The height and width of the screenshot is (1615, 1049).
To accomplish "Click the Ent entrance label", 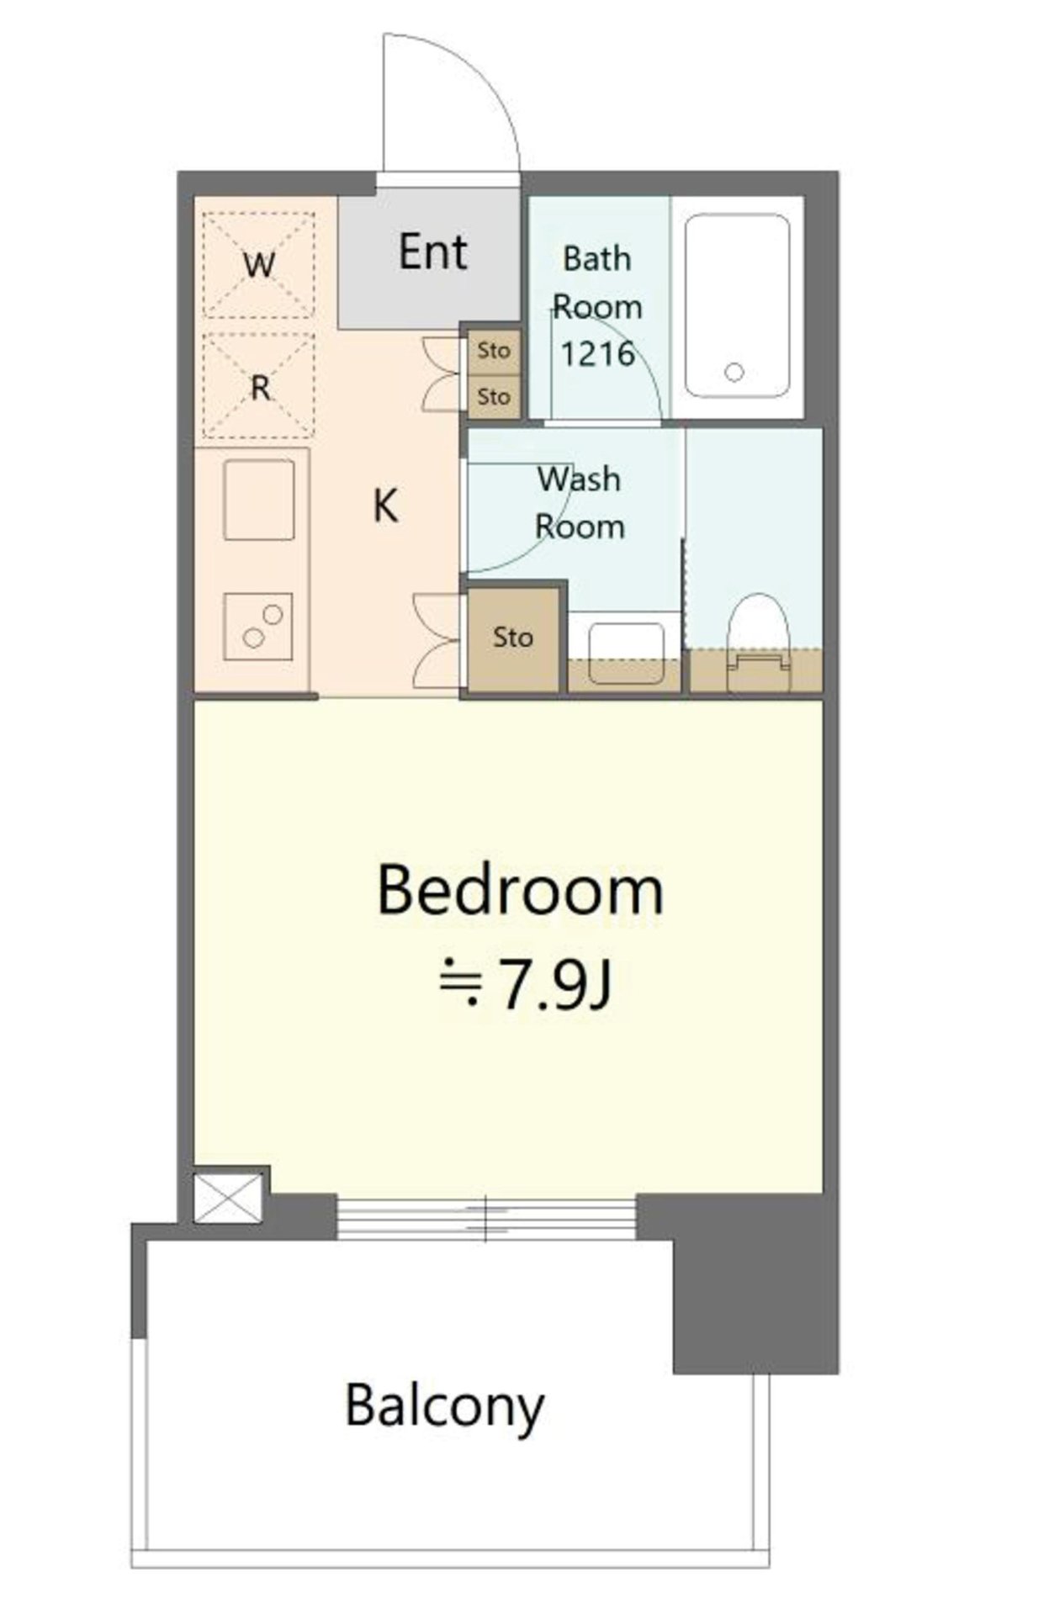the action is pos(432,252).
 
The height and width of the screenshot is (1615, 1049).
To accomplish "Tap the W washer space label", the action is pos(259,266).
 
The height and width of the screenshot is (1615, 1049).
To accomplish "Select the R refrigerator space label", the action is pos(261,388).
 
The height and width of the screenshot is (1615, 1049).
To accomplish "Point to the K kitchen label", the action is pos(385,506).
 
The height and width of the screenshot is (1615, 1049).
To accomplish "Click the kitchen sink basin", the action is pos(259,500).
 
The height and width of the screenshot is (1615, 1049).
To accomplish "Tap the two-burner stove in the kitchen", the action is pos(258,627).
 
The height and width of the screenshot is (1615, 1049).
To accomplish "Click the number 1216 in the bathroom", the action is pos(597,353).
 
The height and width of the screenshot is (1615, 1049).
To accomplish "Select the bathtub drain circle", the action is pos(734,372).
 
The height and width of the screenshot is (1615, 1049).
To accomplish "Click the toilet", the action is pos(758,643).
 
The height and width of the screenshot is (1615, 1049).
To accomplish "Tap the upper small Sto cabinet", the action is pos(494,350).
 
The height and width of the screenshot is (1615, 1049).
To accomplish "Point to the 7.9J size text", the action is pos(554,983).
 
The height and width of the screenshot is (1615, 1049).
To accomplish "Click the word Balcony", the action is pos(445,1406).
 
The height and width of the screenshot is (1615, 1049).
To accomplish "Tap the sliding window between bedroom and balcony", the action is pos(486,1217).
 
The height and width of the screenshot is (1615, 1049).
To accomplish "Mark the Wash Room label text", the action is pos(580,503).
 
